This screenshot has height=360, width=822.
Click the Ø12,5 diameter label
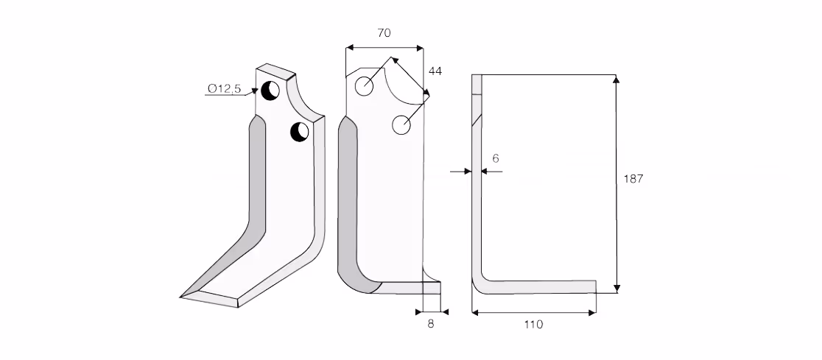(225, 88)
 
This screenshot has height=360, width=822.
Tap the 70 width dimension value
(384, 32)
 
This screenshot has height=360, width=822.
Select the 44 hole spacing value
(435, 71)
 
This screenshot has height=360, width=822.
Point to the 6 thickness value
(496, 158)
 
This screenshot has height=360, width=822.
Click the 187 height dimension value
(633, 179)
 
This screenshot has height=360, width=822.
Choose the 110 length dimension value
(534, 325)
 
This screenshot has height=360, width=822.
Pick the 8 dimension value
(431, 324)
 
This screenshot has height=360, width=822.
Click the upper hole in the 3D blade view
(270, 91)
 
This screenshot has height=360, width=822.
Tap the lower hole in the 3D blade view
(299, 132)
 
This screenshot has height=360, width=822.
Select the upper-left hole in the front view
(364, 86)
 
